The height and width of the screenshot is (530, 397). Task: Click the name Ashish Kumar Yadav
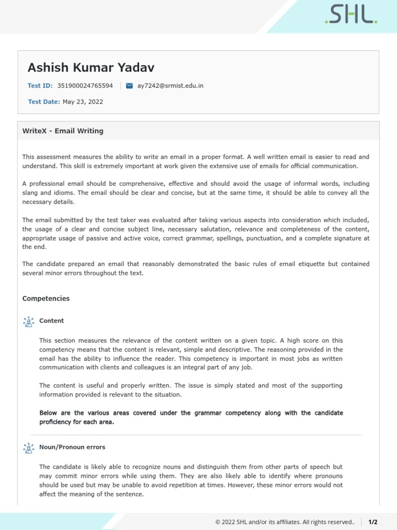coord(91,68)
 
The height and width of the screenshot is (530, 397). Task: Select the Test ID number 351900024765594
coord(85,85)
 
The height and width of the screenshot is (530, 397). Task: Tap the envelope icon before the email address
coord(129,85)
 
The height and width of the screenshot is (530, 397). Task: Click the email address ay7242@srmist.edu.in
coord(170,85)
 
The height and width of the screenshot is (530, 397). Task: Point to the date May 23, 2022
coord(83,102)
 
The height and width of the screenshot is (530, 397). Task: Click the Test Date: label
coord(44,102)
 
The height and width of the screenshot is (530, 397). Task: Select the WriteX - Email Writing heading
coord(63,131)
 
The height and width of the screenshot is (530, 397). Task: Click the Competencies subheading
coord(46,299)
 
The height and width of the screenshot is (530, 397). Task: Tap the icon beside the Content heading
coord(28,321)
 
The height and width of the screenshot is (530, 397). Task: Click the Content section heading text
coord(52,321)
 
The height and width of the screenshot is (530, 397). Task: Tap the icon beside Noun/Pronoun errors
coord(28,448)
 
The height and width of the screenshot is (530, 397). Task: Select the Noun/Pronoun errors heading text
coord(72,447)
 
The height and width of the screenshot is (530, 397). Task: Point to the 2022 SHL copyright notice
coord(285,522)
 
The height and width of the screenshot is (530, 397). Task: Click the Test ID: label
coord(40,85)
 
